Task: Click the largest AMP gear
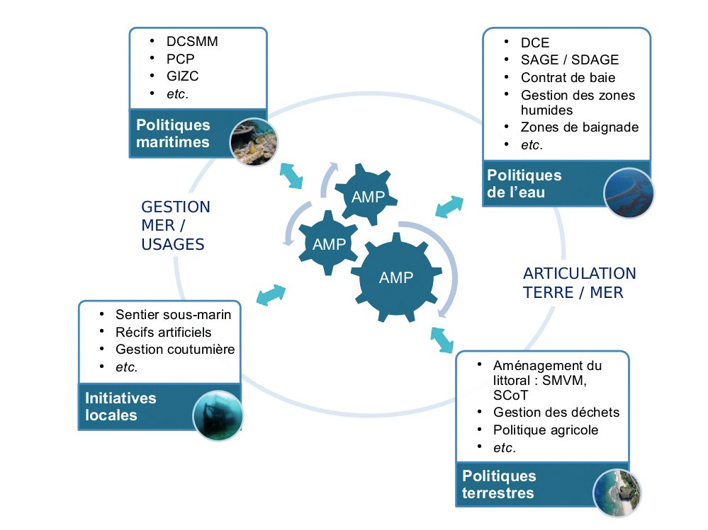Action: click(395, 277)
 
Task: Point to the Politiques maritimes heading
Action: click(174, 133)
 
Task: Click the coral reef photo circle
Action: click(254, 142)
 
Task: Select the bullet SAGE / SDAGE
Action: click(569, 60)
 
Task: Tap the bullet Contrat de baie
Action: click(568, 77)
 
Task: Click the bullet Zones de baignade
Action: click(579, 127)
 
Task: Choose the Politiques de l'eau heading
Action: click(524, 183)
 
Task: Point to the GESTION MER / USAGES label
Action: click(176, 226)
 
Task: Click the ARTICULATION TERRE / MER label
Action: click(579, 282)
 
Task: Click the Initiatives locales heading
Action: click(120, 406)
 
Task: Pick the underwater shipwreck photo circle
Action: click(218, 415)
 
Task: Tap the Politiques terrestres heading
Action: click(499, 484)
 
